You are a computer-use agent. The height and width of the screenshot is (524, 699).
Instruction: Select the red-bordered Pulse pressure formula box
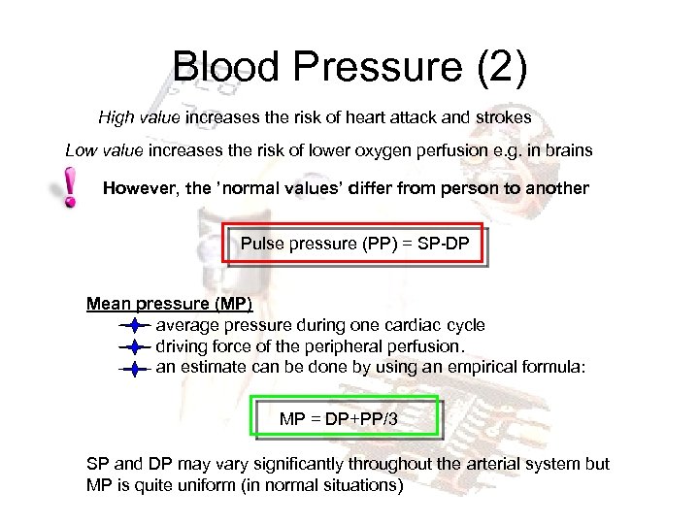pyautogui.click(x=353, y=244)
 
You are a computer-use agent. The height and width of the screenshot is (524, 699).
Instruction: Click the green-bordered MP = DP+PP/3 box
pyautogui.click(x=345, y=419)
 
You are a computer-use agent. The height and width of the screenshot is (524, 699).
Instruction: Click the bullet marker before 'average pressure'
pyautogui.click(x=134, y=326)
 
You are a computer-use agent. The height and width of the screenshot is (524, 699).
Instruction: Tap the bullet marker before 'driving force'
pyautogui.click(x=134, y=346)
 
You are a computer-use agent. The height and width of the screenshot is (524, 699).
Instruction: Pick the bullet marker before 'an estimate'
pyautogui.click(x=134, y=368)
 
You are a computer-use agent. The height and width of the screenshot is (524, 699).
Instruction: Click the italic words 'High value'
pyautogui.click(x=139, y=117)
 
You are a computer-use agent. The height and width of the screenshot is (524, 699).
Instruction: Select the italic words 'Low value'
pyautogui.click(x=105, y=151)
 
